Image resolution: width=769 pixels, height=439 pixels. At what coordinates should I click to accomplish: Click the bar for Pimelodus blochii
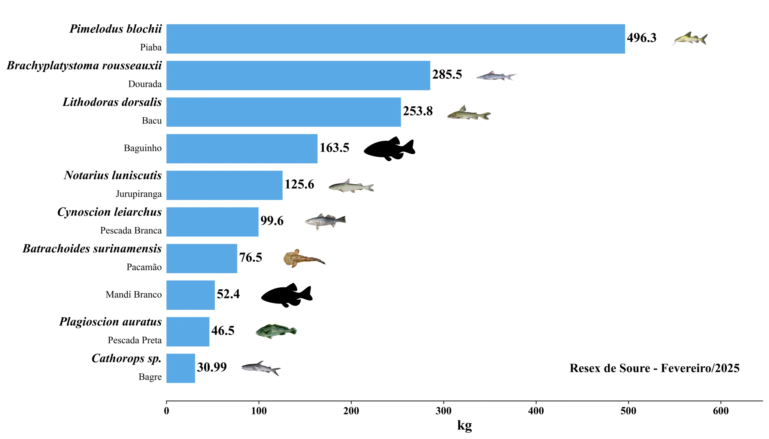tap(395, 39)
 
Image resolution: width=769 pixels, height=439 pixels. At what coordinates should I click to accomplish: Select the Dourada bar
tap(298, 75)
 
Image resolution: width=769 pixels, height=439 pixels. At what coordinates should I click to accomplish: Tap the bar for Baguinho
tap(242, 149)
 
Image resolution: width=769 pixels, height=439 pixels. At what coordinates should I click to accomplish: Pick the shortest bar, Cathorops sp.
tap(180, 368)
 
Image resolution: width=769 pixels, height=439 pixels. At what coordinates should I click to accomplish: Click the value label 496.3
tap(641, 38)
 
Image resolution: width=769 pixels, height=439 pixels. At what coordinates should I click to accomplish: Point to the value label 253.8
tap(417, 111)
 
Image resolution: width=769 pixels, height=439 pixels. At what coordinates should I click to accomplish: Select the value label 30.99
tap(212, 367)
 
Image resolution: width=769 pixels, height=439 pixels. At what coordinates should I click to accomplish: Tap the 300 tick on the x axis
tap(443, 411)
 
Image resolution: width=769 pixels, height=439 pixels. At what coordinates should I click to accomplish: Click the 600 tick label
tap(720, 411)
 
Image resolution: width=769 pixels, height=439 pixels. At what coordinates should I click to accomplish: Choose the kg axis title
tap(464, 425)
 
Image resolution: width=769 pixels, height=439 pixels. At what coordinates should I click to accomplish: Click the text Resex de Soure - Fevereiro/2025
tap(654, 368)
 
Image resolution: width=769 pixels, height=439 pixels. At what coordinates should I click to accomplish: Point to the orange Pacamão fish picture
tap(303, 259)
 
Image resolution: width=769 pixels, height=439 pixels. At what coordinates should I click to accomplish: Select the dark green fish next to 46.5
tap(276, 332)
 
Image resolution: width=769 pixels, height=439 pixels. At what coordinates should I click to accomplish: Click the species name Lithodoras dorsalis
tap(112, 102)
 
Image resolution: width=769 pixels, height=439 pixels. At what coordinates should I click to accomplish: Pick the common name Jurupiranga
tap(139, 194)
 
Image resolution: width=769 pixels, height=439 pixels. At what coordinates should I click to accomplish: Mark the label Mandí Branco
tap(134, 295)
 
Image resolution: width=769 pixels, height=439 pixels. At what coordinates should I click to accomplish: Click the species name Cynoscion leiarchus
tap(109, 212)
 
